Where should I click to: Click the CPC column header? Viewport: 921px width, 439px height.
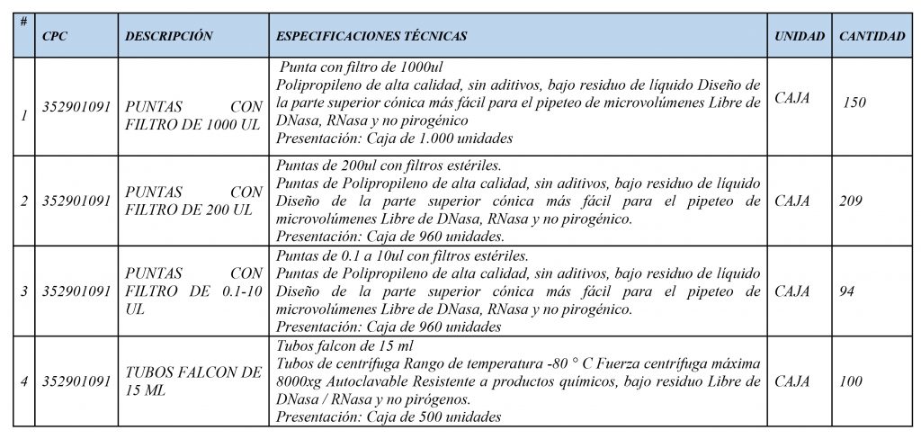tap(54, 37)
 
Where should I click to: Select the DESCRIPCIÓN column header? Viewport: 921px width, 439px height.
tap(168, 37)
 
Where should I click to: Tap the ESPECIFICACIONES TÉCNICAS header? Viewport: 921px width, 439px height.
tap(371, 37)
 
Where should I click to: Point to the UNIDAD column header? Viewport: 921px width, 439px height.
tap(799, 37)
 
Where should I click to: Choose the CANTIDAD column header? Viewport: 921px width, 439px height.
tap(872, 37)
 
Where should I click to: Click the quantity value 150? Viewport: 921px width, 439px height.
tap(854, 103)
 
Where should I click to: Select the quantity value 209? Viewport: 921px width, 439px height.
tap(850, 201)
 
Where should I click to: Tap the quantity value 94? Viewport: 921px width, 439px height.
tap(846, 291)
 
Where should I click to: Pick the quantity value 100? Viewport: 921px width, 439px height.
tap(850, 381)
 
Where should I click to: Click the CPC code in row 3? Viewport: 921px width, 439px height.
tap(76, 291)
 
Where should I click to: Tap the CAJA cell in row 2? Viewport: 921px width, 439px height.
tap(791, 201)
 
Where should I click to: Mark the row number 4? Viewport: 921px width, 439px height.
tap(23, 381)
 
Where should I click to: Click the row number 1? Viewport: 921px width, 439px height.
tap(23, 114)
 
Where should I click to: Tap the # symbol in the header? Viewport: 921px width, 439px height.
tap(23, 20)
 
